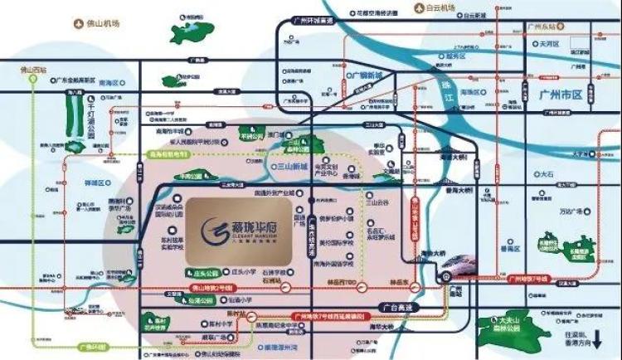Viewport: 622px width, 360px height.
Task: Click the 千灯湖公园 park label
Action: coord(92,114)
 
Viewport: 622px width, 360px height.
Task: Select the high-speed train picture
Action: coord(459,269)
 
